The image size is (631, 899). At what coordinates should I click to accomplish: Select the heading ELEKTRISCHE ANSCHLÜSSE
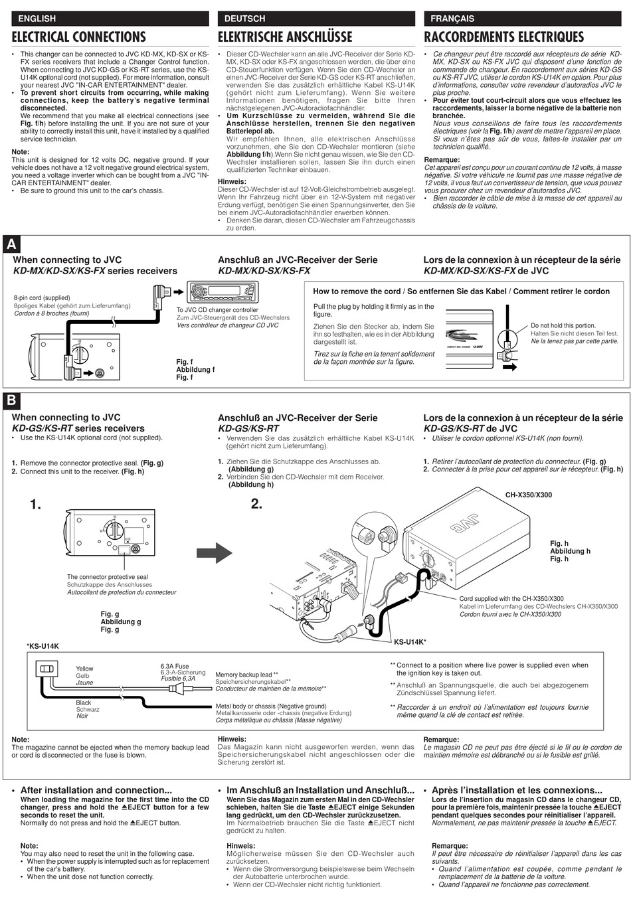[285, 37]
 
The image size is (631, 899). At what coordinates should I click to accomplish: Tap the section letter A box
[11, 244]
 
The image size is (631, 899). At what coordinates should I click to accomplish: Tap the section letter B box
[11, 401]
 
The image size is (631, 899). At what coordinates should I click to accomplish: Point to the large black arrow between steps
[214, 551]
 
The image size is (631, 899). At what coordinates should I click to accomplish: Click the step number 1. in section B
[35, 505]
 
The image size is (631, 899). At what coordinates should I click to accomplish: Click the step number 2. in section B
[256, 504]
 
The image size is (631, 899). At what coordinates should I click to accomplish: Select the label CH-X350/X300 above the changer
[528, 495]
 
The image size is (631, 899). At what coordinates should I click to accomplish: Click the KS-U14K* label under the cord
[410, 642]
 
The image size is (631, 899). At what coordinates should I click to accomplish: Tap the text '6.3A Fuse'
[175, 666]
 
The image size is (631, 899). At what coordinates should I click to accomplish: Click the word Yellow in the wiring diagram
[84, 669]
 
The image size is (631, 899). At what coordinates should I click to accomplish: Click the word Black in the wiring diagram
[84, 702]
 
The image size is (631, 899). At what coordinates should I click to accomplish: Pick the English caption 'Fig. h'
[559, 543]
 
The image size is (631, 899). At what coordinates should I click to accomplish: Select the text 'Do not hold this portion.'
[563, 325]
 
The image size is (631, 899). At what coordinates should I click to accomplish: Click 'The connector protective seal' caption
[108, 577]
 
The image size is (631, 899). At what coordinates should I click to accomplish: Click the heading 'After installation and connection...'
[96, 790]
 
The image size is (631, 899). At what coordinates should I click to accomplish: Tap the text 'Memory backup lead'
[244, 675]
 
